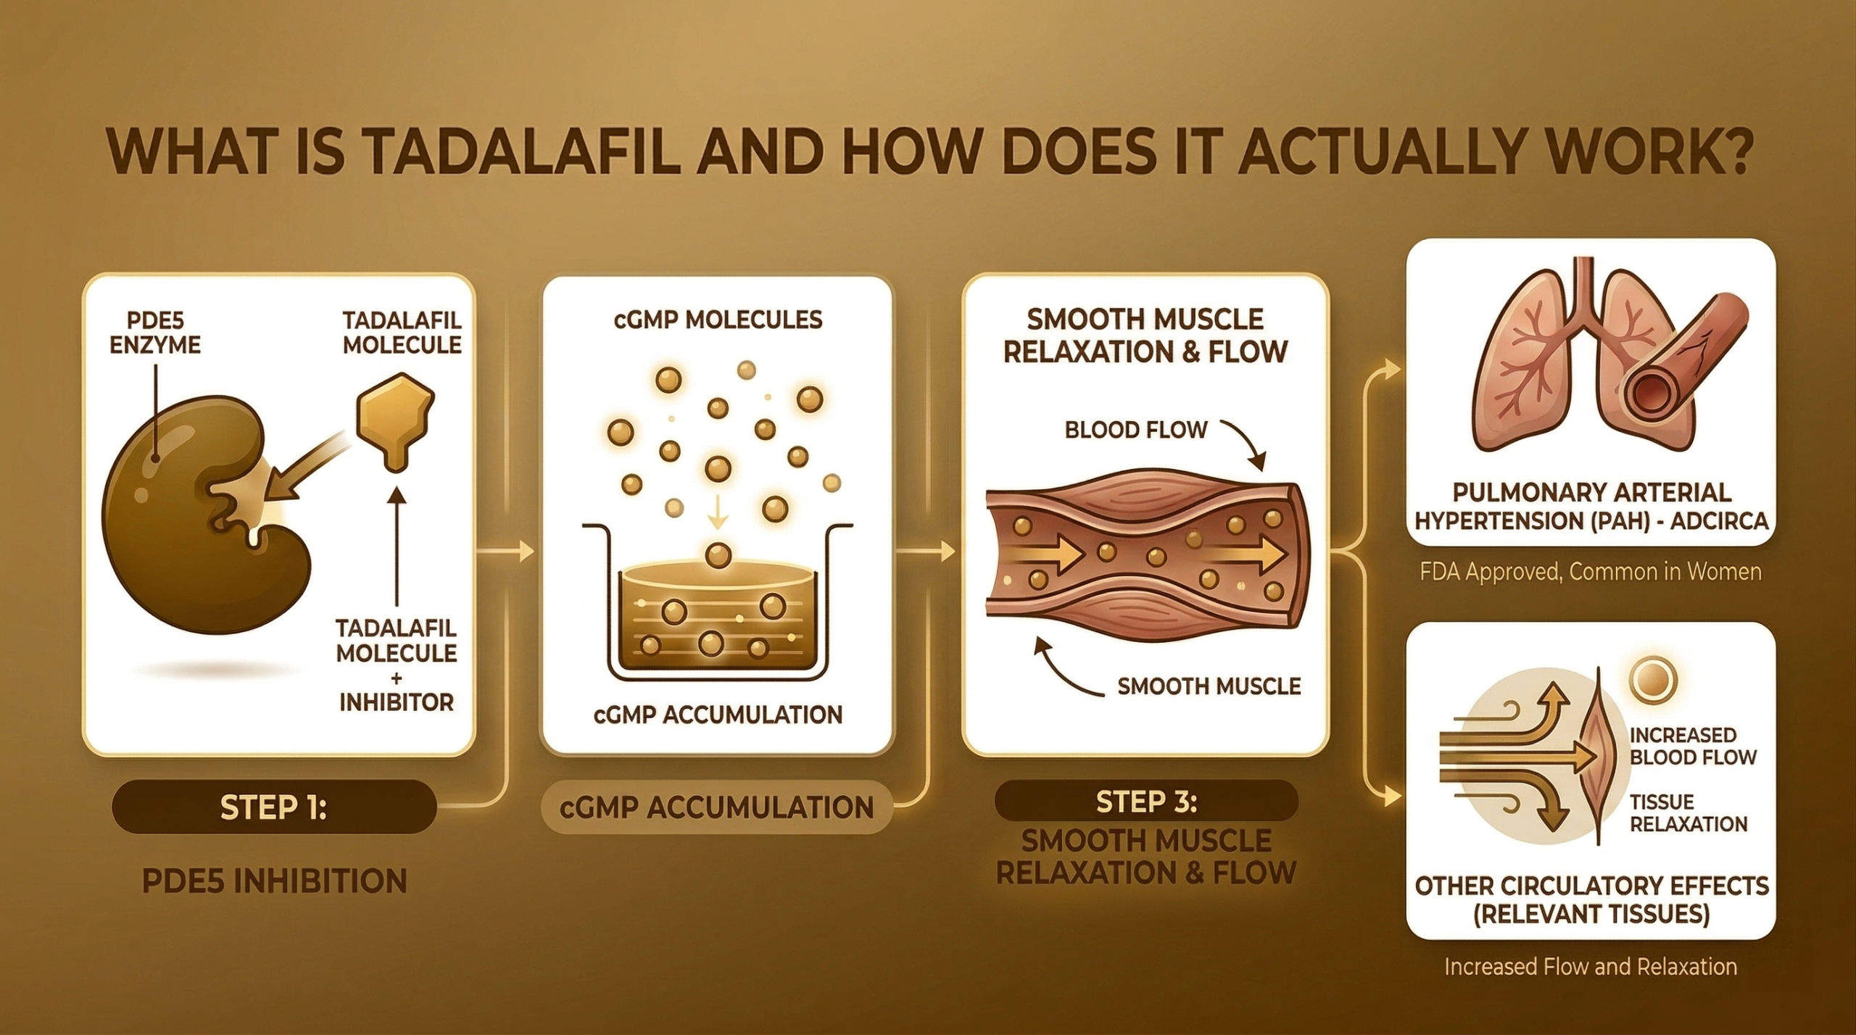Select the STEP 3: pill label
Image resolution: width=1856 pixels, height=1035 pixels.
coord(1145,802)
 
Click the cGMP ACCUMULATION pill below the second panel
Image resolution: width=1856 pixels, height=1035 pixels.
coord(717,807)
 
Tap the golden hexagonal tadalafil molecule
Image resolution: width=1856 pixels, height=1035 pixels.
coord(395,420)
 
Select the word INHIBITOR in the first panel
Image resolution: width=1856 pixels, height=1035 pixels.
coord(397,702)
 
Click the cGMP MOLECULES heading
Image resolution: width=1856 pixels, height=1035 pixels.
coord(717,320)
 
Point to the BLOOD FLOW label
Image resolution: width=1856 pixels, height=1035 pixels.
coord(1135,430)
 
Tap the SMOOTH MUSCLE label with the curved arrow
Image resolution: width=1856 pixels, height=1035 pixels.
coord(1209,686)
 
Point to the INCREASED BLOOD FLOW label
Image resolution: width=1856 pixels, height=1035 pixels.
coord(1692,747)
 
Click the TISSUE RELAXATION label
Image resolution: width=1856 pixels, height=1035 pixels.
coord(1688,812)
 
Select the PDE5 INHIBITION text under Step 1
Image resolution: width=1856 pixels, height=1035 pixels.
coord(273,881)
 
